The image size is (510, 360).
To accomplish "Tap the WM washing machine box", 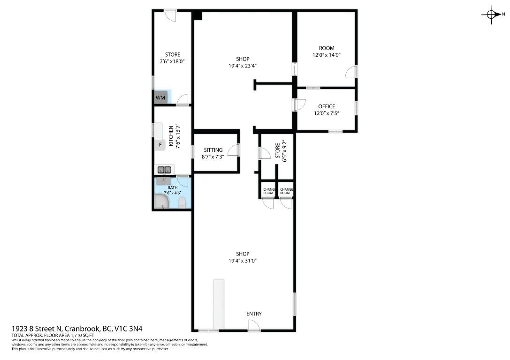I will [160, 97].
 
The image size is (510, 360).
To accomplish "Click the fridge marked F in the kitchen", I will [160, 145].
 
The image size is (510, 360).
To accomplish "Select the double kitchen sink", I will [164, 170].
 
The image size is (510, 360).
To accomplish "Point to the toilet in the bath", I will [183, 202].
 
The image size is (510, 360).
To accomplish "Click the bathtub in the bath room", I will [162, 202].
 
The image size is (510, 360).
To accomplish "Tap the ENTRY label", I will [254, 314].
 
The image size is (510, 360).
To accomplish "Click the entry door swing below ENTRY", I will [254, 327].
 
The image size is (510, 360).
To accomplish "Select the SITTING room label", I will [213, 150].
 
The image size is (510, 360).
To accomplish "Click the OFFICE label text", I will [327, 106].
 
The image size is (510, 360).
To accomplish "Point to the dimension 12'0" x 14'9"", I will [327, 55].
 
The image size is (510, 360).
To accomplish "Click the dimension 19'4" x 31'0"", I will [243, 261].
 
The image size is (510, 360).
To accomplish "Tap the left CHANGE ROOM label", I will [268, 191].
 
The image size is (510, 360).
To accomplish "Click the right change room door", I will [286, 203].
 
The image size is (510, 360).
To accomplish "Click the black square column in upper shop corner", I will [198, 15].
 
